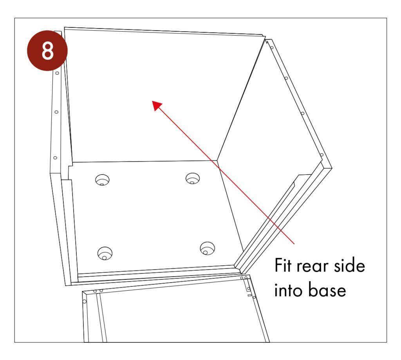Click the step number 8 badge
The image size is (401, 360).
47,52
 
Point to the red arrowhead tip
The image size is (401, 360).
154,101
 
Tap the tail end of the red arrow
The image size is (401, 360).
294,244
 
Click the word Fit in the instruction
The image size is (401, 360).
284,266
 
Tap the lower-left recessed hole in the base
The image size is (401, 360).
105,253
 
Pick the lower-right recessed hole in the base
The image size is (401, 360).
207,248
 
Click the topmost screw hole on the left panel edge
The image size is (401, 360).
57,73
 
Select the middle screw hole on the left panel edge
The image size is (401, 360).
56,112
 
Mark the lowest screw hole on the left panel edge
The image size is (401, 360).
55,158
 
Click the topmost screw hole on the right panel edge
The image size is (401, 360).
271,48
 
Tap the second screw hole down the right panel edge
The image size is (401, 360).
286,78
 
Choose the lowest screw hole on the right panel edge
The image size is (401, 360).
322,155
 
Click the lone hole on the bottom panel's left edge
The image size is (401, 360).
84,301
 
